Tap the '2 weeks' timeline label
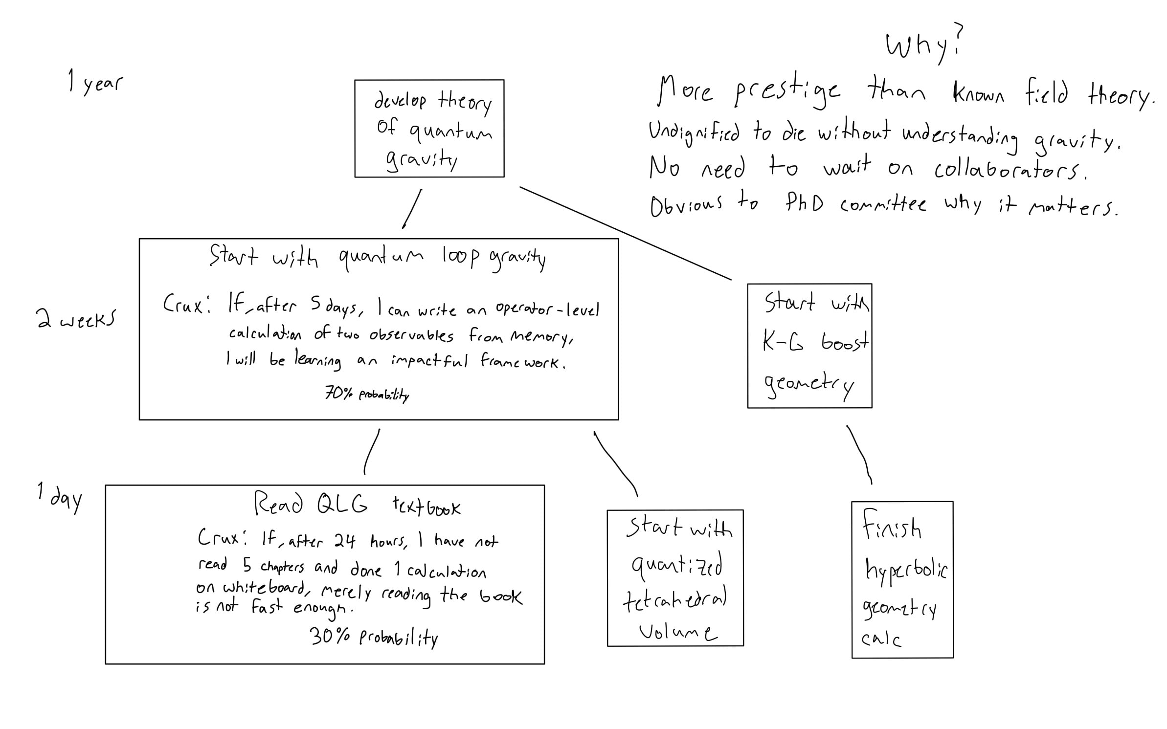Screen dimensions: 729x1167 pos(76,319)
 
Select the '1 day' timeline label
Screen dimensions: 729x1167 pos(60,497)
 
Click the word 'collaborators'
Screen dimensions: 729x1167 pos(1010,170)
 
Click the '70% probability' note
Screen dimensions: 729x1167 pos(367,394)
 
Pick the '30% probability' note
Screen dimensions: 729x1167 pos(374,637)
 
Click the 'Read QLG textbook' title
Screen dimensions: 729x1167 pos(357,504)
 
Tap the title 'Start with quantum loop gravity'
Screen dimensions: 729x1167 pos(377,257)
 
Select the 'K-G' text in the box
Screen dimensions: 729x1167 pos(783,342)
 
